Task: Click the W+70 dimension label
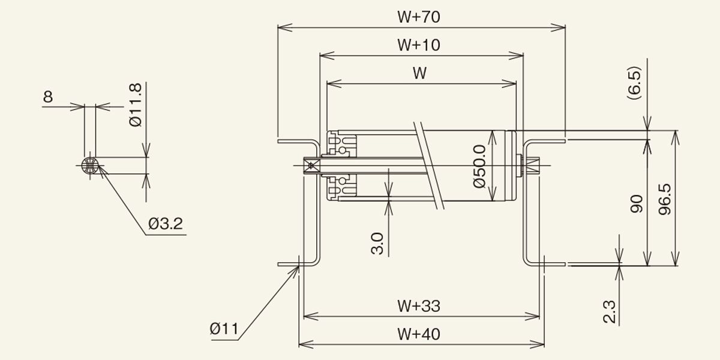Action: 419,17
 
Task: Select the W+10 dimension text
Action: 419,45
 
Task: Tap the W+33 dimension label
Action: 419,306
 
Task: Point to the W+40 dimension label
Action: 419,334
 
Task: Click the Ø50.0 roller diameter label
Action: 479,166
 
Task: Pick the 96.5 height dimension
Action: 665,199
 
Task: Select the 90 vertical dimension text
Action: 637,204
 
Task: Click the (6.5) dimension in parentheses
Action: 635,83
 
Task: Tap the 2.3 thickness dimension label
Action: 609,311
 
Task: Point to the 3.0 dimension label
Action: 377,244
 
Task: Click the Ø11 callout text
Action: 224,329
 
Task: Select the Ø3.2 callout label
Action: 166,224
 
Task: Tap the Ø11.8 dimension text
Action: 136,105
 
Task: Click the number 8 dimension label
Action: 48,97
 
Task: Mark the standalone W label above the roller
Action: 419,73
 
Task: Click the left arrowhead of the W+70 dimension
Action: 285,28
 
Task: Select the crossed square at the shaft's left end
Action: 311,166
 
